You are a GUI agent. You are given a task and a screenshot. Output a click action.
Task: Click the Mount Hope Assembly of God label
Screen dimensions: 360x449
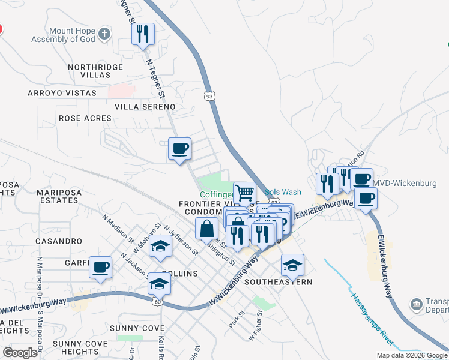(63, 35)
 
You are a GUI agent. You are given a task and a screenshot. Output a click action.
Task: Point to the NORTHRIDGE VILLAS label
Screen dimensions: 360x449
(89, 71)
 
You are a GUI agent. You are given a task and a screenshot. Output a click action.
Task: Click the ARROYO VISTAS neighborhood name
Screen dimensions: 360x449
(62, 93)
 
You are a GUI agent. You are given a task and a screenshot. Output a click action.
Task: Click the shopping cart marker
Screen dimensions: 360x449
(244, 194)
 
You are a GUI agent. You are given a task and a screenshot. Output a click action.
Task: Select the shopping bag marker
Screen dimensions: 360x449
(206, 229)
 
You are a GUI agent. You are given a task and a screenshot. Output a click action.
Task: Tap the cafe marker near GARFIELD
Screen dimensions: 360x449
(100, 267)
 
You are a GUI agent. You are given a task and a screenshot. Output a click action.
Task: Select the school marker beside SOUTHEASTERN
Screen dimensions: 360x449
(292, 265)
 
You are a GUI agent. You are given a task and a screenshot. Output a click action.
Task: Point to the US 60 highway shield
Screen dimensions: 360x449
(158, 301)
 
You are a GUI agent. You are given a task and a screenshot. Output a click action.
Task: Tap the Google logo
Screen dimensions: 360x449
(20, 353)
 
